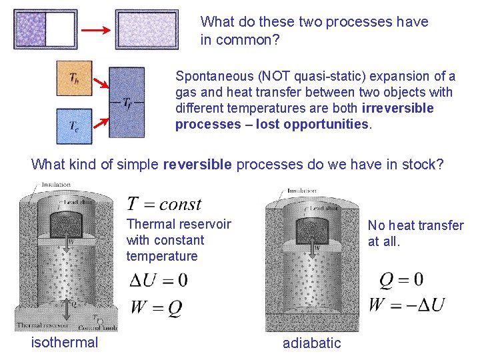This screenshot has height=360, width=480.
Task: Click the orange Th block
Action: pyautogui.click(x=74, y=78)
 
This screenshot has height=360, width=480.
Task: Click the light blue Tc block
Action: pyautogui.click(x=74, y=126)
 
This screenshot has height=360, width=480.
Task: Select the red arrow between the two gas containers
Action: pyautogui.click(x=95, y=30)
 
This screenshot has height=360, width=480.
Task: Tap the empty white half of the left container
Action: pyautogui.click(x=61, y=29)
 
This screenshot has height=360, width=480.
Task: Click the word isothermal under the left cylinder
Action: pyautogui.click(x=65, y=343)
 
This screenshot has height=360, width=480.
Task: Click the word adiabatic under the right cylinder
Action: pyautogui.click(x=311, y=343)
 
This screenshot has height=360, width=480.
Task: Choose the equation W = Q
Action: pyautogui.click(x=156, y=307)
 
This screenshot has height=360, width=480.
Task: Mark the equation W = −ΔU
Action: pyautogui.click(x=406, y=305)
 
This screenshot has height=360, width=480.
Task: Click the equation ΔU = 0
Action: pyautogui.click(x=159, y=280)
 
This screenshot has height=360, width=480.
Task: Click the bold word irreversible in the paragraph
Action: pyautogui.click(x=397, y=108)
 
